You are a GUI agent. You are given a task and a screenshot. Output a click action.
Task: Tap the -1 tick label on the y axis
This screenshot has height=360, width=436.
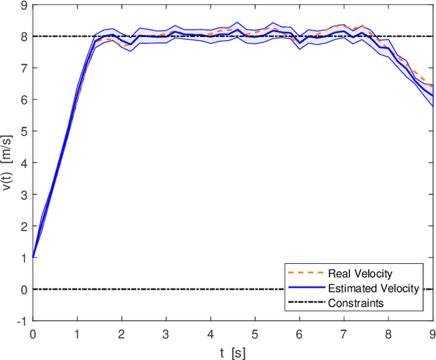tap(22, 321)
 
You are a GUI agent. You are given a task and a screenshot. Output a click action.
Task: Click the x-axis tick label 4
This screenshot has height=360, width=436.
tap(211, 334)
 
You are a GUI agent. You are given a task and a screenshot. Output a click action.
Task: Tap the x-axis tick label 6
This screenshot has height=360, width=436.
tap(299, 334)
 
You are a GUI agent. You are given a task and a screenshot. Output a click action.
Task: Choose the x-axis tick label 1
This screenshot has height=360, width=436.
tap(77, 334)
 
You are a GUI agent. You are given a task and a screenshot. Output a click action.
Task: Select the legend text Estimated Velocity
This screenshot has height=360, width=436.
tap(373, 289)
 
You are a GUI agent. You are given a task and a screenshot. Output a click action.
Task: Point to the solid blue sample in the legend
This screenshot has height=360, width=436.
tap(304, 289)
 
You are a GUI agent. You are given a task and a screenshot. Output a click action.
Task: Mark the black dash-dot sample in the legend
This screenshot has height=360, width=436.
tap(304, 303)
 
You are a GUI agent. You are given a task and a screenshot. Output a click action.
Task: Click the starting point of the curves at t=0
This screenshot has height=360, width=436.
tap(33, 258)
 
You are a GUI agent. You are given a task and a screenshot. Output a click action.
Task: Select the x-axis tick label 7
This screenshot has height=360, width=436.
tap(343, 334)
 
